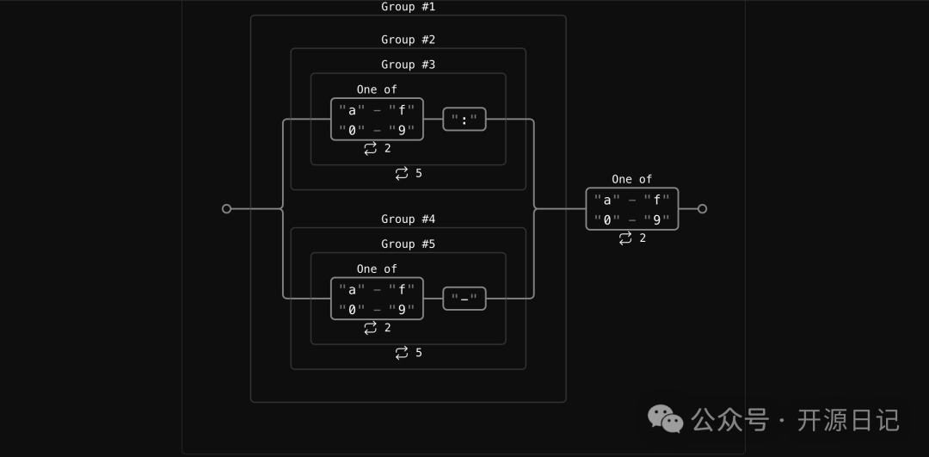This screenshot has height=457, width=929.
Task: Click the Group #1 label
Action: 408,7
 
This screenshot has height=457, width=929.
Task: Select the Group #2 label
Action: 408,40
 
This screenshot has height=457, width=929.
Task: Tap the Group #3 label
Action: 408,65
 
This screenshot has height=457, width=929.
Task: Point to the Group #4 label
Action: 408,219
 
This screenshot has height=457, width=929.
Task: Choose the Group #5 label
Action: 408,244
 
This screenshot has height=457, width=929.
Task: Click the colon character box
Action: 464,120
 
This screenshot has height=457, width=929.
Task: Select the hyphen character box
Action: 464,299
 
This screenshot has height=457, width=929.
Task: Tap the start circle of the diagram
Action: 226,209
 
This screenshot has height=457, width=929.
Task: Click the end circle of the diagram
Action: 702,209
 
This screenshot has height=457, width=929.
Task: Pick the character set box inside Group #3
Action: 377,120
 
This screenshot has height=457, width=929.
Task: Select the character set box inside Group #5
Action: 377,299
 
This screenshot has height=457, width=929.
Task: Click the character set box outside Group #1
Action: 632,209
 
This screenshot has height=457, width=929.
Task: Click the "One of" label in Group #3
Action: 377,90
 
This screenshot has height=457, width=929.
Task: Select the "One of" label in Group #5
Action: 377,269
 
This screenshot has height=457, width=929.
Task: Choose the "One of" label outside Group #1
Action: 632,179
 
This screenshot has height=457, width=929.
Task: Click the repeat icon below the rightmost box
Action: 625,238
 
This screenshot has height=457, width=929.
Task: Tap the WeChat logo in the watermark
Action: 666,419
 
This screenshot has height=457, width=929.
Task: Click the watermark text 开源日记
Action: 848,420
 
